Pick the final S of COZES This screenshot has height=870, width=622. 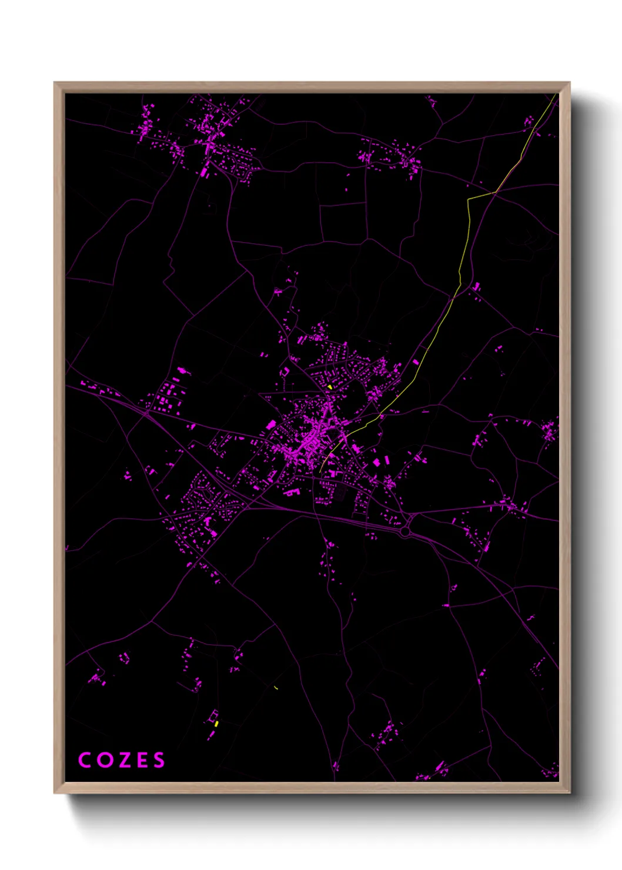coord(159,759)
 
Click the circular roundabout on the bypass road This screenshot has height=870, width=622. coord(405,531)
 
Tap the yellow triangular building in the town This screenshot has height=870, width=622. coord(330,387)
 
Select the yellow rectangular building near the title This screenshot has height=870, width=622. coord(216,724)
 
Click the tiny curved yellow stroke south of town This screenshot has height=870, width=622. coord(276,687)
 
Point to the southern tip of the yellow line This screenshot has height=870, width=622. coord(320,472)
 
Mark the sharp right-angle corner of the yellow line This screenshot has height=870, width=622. coord(469,199)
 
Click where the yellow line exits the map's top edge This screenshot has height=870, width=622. coord(556,94)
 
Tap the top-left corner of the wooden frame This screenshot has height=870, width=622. coord(55,83)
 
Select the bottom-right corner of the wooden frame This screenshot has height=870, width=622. coord(569,792)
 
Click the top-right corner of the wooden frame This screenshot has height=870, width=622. coord(569,83)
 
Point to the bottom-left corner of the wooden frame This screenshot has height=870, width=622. coord(55,792)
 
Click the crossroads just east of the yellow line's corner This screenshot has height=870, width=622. coord(494,193)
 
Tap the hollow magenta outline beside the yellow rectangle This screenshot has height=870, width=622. coord(212,715)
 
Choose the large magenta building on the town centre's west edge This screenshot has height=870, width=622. coord(271,424)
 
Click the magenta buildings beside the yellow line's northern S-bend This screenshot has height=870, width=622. coord(476,287)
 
